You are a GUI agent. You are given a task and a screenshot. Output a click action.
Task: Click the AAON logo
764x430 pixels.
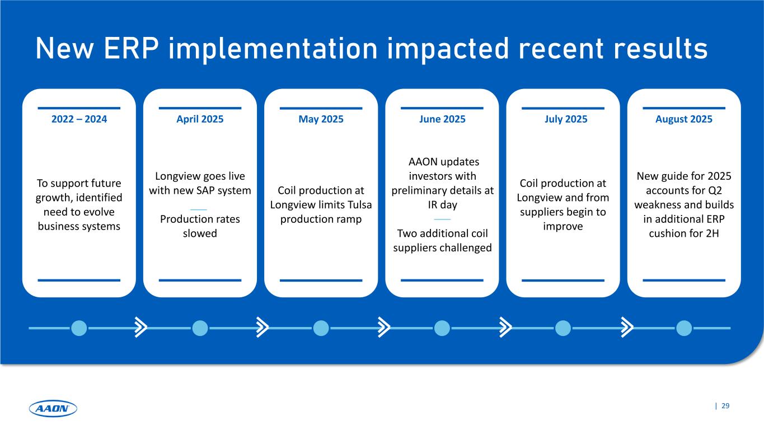[53, 409]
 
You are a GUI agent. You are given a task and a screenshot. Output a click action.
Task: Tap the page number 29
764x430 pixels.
[725, 406]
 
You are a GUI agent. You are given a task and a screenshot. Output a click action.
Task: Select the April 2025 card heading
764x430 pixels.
[200, 119]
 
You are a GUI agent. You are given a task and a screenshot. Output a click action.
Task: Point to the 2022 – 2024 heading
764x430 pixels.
[79, 119]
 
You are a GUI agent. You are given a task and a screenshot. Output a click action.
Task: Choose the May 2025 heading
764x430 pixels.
[321, 119]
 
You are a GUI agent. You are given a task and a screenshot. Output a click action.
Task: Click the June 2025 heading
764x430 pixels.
[442, 119]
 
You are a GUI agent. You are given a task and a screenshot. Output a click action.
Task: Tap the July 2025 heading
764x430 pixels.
[563, 119]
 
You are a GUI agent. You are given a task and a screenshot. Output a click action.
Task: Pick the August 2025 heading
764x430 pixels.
[684, 119]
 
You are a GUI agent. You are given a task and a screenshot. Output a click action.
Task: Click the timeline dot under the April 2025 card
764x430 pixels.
[200, 328]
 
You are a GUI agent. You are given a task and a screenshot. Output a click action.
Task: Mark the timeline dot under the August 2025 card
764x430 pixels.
[684, 328]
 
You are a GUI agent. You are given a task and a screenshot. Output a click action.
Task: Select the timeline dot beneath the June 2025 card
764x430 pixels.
[442, 328]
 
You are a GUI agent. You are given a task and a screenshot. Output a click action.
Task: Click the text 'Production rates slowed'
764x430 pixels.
[200, 226]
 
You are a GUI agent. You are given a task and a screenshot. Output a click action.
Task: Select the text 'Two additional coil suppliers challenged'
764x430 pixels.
[442, 241]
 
